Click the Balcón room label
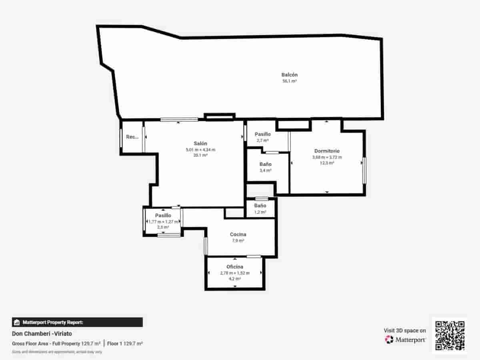(290, 75)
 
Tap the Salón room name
(200, 144)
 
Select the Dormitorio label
(327, 151)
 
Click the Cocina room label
(238, 234)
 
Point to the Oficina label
(235, 267)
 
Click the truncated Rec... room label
(132, 137)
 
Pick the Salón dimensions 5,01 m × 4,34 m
(200, 150)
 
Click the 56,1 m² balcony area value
(290, 81)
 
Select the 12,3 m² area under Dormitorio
(327, 163)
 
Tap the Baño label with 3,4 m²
(266, 164)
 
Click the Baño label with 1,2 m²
(260, 206)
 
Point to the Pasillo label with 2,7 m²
(263, 134)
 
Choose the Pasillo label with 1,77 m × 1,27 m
(163, 216)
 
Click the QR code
(450, 336)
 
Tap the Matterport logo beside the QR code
(405, 340)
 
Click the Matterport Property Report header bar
(77, 322)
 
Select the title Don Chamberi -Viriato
(42, 333)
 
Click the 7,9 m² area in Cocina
(238, 241)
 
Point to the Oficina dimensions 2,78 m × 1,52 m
(235, 273)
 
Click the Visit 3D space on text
(405, 330)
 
